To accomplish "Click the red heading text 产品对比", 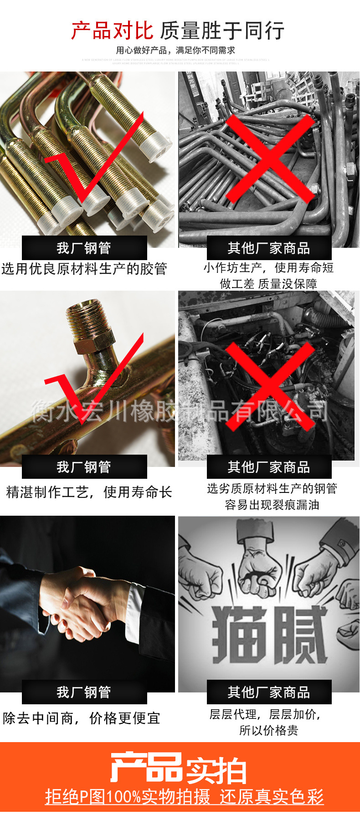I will [x=112, y=31].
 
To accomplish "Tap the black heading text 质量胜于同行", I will [x=222, y=31].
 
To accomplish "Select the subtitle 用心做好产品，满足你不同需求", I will [x=175, y=50].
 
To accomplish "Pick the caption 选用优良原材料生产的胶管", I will [x=84, y=269].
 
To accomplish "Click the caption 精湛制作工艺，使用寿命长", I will [x=89, y=492].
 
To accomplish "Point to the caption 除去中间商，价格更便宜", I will [x=82, y=718].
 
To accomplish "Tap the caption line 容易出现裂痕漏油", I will [x=272, y=505].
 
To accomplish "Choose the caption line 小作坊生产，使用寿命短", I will [x=268, y=267].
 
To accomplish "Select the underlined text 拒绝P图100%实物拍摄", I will [x=128, y=796].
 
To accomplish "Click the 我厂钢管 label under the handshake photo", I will [x=84, y=692].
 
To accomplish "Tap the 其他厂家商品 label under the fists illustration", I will [x=269, y=692].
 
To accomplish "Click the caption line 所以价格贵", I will [x=268, y=730].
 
